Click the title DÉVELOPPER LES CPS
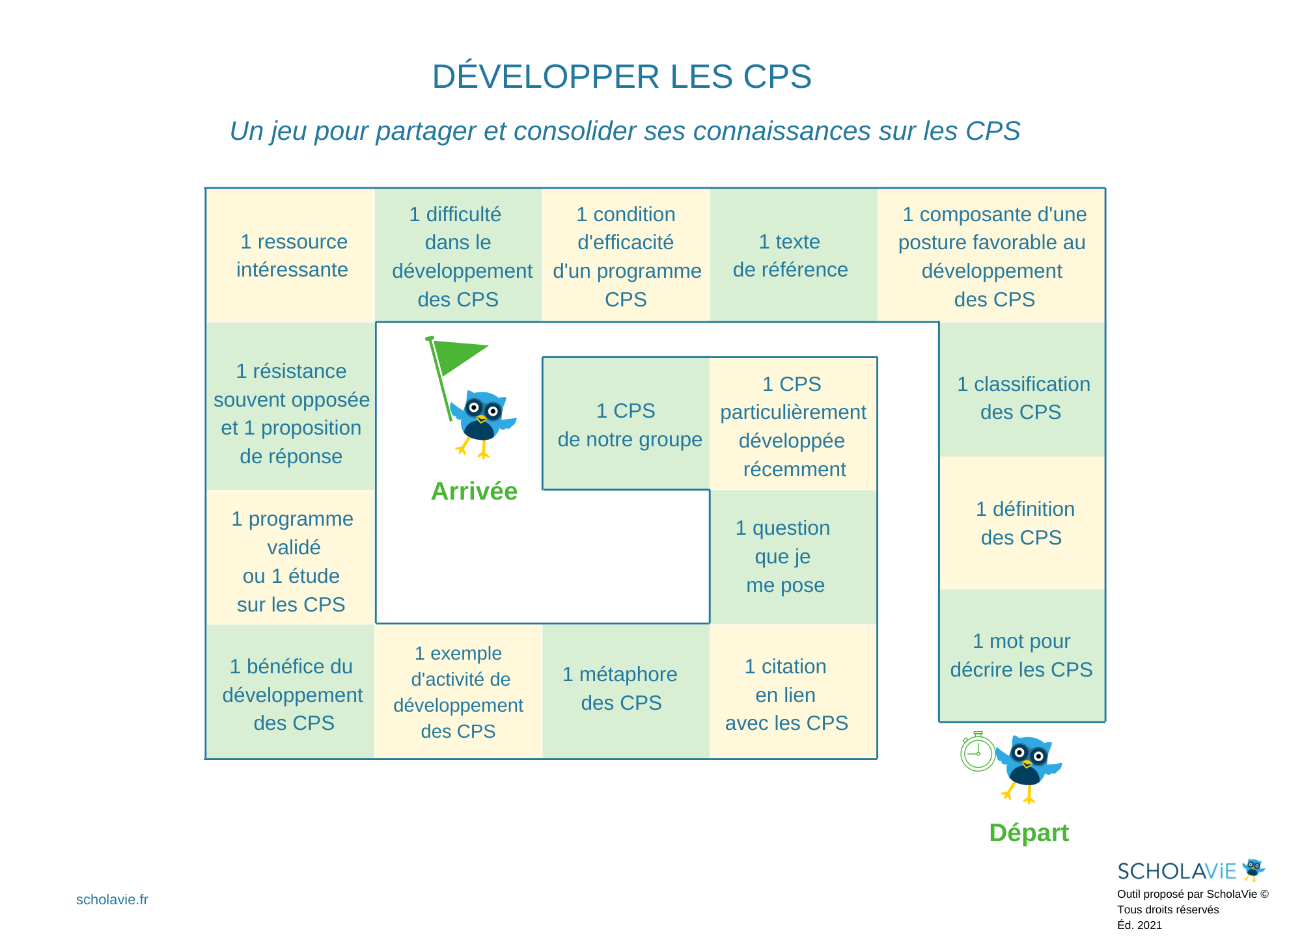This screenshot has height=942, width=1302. click(622, 77)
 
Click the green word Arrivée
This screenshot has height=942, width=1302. click(474, 491)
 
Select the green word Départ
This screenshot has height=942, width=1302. click(1029, 833)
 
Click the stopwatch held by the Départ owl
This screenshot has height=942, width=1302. click(978, 753)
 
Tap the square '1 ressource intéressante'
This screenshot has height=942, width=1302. click(292, 255)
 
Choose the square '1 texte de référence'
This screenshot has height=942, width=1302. click(790, 255)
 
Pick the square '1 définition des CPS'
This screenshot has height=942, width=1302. click(1022, 523)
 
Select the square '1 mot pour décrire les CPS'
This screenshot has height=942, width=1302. click(1022, 654)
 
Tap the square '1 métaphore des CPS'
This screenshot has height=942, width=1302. click(622, 688)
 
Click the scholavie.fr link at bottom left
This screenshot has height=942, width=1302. click(112, 900)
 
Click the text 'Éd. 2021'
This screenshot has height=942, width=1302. click(1139, 925)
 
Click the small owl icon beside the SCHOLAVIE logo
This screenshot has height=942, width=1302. click(1253, 869)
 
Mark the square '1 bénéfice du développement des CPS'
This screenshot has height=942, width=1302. click(292, 693)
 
